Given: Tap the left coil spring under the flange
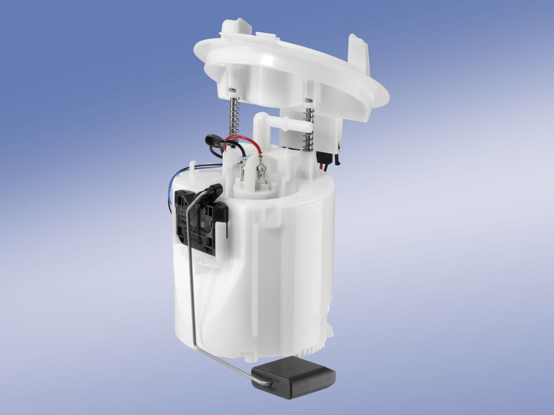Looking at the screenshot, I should click(234, 117).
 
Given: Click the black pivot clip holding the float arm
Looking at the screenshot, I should click(212, 193).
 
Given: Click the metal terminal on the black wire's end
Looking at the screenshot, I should click(243, 168).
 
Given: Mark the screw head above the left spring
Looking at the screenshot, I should click(232, 90).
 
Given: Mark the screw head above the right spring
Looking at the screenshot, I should click(309, 100).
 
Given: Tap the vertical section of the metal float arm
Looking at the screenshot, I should click(190, 266).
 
